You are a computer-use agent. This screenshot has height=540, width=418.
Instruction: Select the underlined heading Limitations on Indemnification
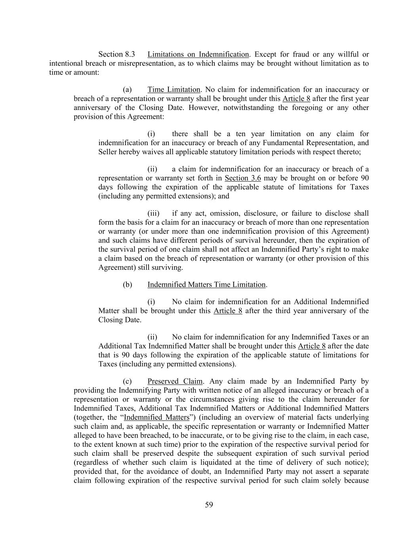click(198, 54)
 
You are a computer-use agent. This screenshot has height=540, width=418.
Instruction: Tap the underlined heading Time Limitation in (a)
click(174, 90)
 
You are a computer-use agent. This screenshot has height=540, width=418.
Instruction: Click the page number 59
click(209, 505)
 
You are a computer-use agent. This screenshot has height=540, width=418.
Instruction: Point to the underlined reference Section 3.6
click(243, 178)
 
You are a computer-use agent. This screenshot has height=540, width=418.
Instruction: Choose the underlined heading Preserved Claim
click(175, 381)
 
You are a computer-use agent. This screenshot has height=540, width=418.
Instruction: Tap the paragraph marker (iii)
click(153, 214)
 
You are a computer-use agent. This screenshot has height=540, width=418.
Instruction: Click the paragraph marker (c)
click(127, 381)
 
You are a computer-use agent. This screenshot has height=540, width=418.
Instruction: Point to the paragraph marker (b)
click(127, 284)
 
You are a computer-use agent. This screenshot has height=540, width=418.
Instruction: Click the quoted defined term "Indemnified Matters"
click(157, 417)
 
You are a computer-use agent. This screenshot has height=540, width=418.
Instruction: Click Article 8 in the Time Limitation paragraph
click(296, 99)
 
